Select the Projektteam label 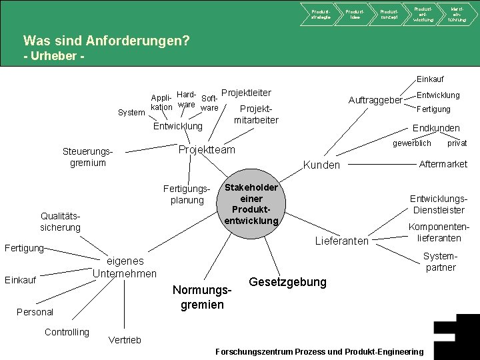coord(207,150)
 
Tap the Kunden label coord(321,165)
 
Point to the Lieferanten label coord(341,241)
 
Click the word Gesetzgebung coord(287,282)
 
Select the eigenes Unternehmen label coord(125,267)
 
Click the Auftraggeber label coord(375,100)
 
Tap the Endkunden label coord(436,128)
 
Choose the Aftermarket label coord(443,164)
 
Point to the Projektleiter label coord(246,93)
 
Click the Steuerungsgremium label coord(88,157)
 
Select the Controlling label coord(67,332)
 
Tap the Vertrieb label coord(125,340)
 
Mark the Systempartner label coord(441,261)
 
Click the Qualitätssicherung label coord(60,222)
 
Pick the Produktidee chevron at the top coord(355,13)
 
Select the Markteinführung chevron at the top coord(457,13)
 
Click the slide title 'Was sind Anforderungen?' coord(106,41)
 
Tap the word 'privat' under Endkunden coord(457,143)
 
